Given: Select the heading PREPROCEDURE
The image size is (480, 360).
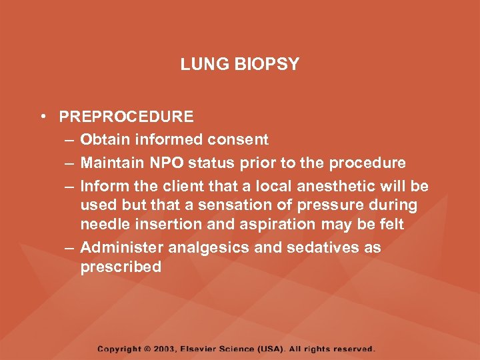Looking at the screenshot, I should coord(126,117).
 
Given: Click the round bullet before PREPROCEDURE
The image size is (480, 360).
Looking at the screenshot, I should coord(42,117).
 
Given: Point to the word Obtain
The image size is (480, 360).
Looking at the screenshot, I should coord(105,140).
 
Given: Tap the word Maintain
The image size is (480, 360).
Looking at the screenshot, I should coord(113,163).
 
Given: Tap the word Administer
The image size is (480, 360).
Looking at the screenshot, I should coord(122,247).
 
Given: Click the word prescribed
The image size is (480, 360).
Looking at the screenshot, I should coord(121,267).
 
